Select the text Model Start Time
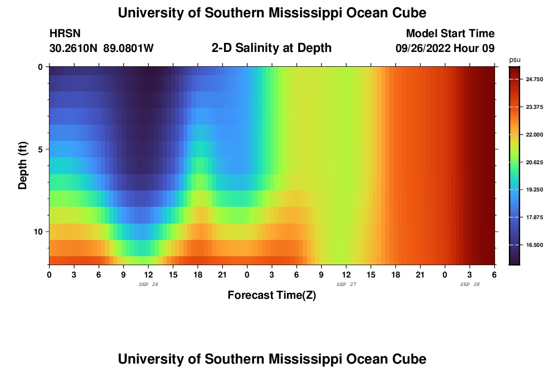click(x=450, y=34)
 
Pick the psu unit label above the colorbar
click(x=514, y=60)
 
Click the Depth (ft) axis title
click(x=23, y=165)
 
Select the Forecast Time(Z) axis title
click(x=272, y=295)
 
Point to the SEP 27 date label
click(x=346, y=284)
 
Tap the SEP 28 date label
click(x=470, y=284)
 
